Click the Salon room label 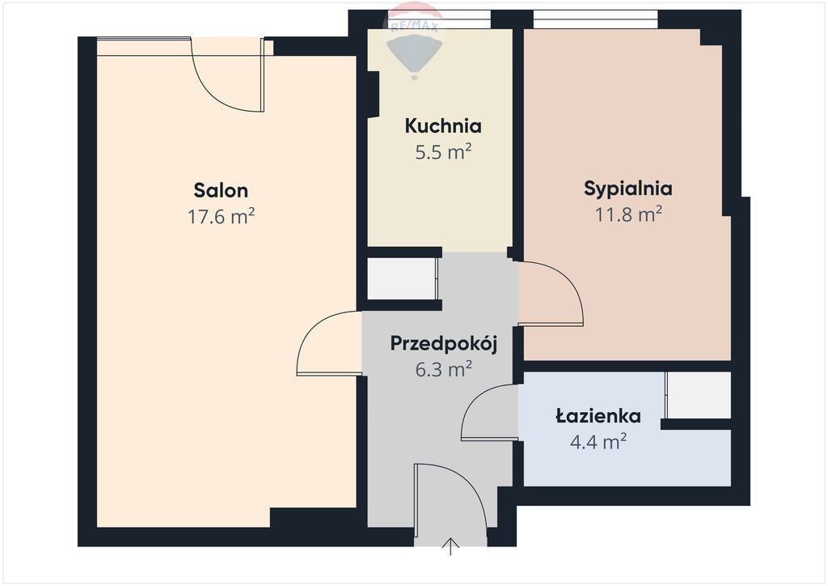(221, 190)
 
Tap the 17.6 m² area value (222, 216)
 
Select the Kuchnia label (443, 126)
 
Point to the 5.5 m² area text (443, 152)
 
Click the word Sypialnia (627, 189)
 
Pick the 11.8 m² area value (629, 214)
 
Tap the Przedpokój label (444, 344)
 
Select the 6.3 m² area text (444, 369)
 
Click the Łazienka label (598, 416)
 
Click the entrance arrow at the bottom (450, 546)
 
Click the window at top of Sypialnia (596, 19)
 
